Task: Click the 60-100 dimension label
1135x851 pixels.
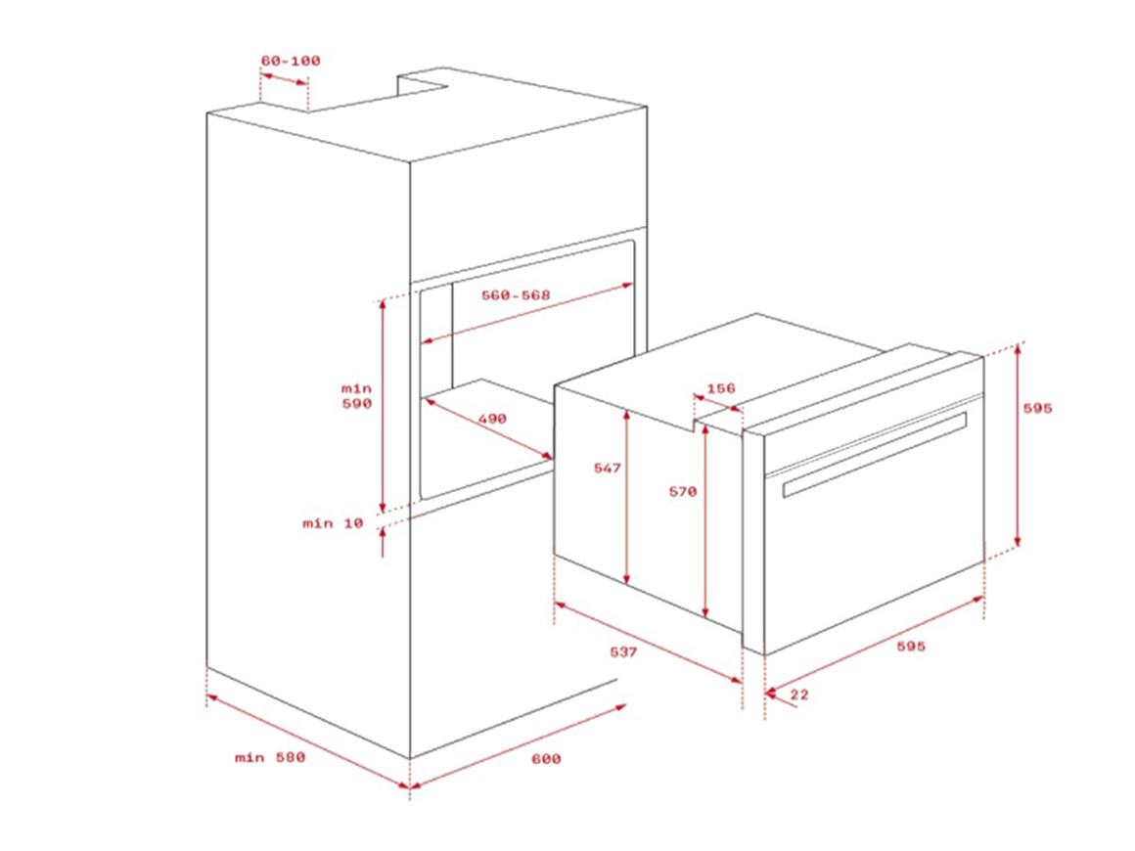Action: click(x=291, y=61)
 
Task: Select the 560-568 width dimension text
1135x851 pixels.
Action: click(x=516, y=295)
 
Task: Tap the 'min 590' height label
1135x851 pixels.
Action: click(x=357, y=396)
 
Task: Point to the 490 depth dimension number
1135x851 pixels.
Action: click(x=492, y=419)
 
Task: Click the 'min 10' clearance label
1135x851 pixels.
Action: click(x=333, y=522)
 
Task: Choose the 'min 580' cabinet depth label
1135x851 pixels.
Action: click(x=270, y=758)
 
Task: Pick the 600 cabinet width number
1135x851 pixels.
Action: click(x=546, y=758)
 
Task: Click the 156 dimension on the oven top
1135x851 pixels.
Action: click(x=720, y=388)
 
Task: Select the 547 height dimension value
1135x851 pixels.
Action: click(x=608, y=469)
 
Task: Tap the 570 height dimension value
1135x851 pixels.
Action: click(x=682, y=491)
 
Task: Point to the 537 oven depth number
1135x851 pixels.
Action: click(x=623, y=652)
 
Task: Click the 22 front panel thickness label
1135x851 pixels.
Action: click(x=799, y=694)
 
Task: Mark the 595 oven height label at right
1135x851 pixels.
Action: click(x=1037, y=408)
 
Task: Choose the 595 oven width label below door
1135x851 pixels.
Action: click(x=911, y=647)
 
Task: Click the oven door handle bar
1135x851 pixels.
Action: click(x=875, y=455)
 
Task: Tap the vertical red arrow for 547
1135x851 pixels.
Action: click(x=627, y=497)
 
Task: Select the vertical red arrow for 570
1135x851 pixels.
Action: click(x=705, y=520)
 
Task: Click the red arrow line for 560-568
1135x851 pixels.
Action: click(x=527, y=313)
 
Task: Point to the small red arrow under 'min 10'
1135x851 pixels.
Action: click(x=383, y=542)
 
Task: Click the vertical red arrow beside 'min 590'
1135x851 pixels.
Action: click(x=383, y=405)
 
